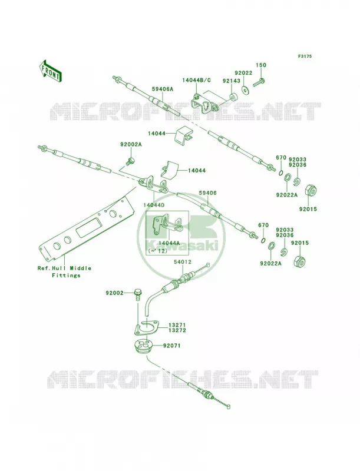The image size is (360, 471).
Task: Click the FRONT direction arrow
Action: pos(50,71)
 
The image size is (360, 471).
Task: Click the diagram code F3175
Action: pos(305,56)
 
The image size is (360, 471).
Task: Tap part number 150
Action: pos(261,65)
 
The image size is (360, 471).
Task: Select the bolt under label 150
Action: pos(259,82)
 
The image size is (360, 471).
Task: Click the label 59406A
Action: pos(163,89)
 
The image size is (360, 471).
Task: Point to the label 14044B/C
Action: pos(197,80)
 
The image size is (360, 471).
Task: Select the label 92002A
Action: pos(131,144)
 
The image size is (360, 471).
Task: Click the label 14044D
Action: pos(154,204)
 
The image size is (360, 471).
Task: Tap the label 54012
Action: pos(183,262)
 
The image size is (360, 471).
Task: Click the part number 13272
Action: pos(177,330)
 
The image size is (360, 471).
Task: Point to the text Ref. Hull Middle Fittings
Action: pos(64,272)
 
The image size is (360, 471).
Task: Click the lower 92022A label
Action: pos(271,263)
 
